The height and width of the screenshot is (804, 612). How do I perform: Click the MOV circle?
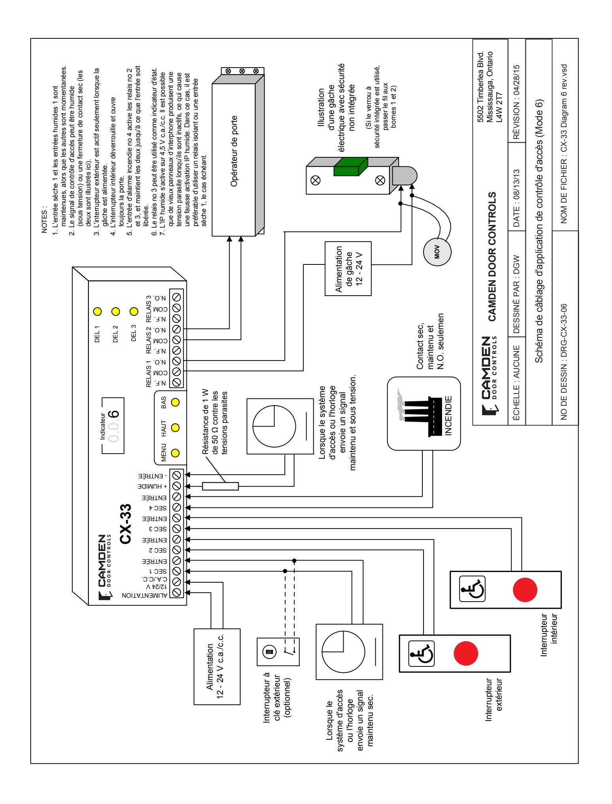pyautogui.click(x=437, y=252)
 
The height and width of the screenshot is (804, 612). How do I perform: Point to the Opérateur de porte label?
pyautogui.click(x=234, y=153)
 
